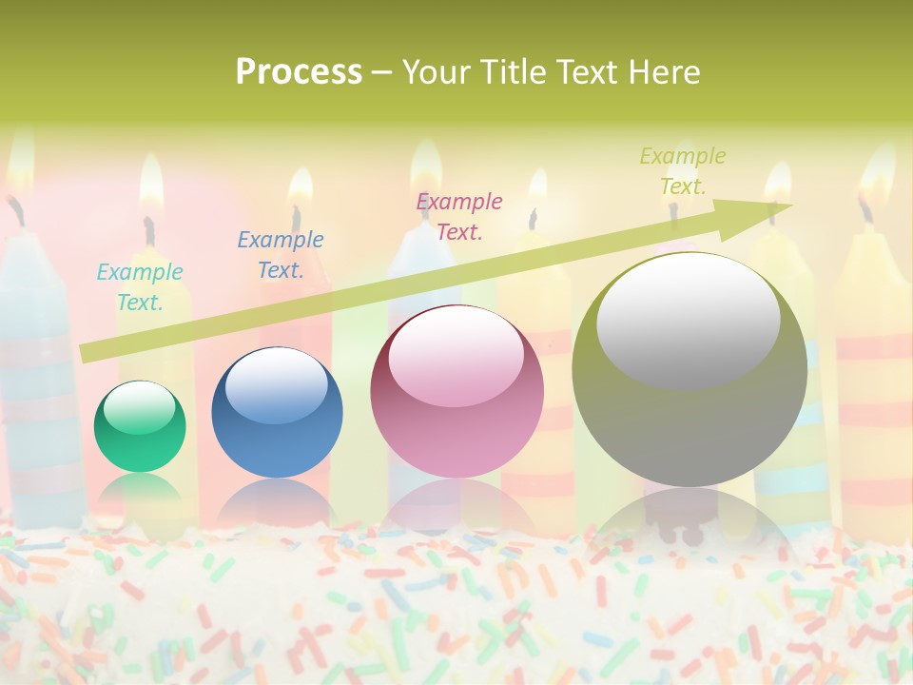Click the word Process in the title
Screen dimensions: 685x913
pos(299,72)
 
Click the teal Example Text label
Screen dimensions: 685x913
pos(140,287)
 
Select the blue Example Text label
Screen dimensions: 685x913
pos(281,255)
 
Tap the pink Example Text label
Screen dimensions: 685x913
pos(459,216)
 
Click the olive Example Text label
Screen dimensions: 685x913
pos(683,171)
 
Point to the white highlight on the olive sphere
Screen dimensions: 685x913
pos(689,320)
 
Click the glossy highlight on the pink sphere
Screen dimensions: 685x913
pos(456,357)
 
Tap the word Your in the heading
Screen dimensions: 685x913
pos(436,72)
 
